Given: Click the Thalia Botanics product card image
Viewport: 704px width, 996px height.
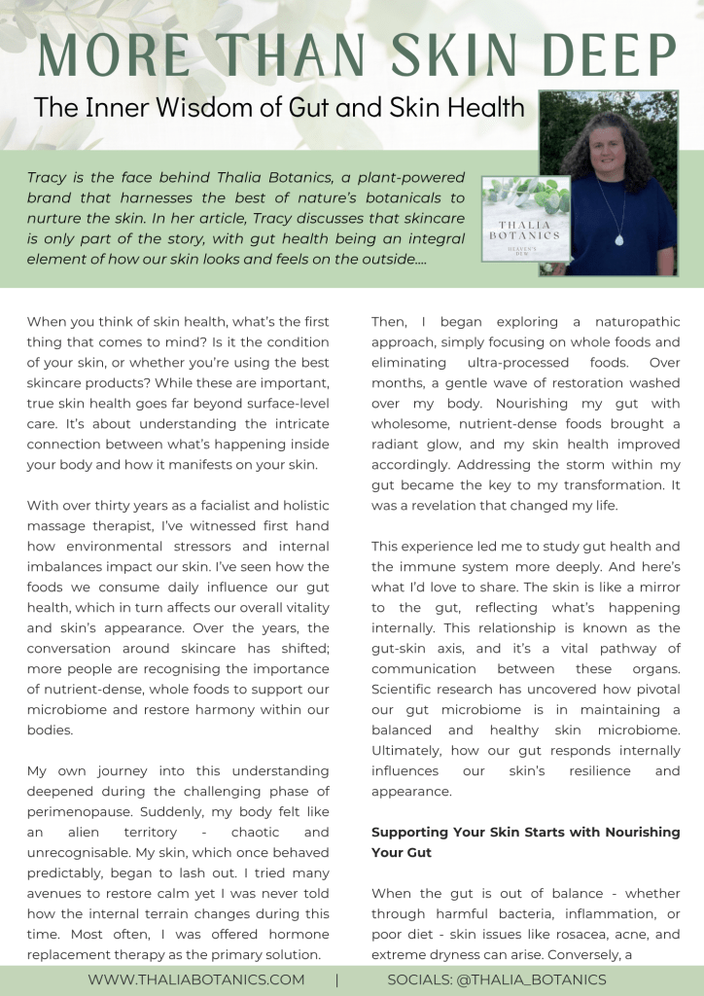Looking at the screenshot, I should [x=525, y=219].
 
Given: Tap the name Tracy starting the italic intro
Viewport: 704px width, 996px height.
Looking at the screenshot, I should [x=48, y=178].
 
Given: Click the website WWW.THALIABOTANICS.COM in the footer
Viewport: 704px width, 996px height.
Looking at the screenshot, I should [x=196, y=979].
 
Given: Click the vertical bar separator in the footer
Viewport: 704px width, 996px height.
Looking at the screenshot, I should [x=337, y=979].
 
